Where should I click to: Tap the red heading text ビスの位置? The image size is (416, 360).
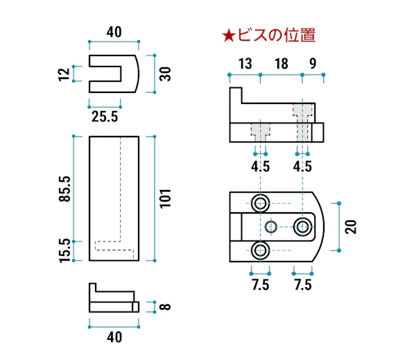(277, 35)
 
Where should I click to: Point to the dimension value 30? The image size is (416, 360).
(165, 74)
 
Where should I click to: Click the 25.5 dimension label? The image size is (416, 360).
(105, 118)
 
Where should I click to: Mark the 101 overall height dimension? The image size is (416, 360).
(165, 198)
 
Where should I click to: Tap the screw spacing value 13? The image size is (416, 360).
(244, 65)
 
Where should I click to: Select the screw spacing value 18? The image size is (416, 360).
(281, 65)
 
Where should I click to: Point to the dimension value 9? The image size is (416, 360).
(313, 65)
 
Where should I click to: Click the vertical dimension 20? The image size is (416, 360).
(350, 226)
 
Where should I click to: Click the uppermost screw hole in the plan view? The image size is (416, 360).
(261, 203)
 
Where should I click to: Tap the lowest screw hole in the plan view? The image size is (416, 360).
(261, 250)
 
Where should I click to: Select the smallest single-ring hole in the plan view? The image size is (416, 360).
(272, 226)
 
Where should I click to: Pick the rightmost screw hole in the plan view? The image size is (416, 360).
(302, 226)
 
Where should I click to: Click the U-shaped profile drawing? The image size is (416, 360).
(115, 74)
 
